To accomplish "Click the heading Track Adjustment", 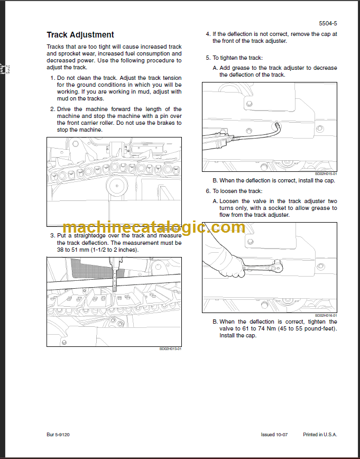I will pos(80,35).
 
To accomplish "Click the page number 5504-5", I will pos(328,24).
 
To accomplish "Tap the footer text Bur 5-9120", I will pos(58,435).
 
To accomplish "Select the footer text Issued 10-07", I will pos(275,435).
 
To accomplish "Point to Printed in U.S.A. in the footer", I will pos(320,435).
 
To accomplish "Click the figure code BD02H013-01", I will pos(170,348).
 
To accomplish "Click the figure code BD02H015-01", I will pos(326,173).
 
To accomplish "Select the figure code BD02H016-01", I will pos(326,315).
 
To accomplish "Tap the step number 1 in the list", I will pos(52,78).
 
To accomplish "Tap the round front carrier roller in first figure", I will pos(117,186).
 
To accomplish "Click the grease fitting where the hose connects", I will pos(277,126).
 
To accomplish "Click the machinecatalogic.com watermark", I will pos(153,228).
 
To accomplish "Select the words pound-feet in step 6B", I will pos(320,328).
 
